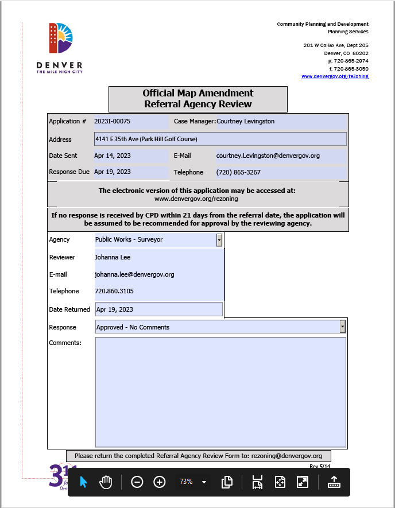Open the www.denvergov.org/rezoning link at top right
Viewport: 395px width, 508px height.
[x=335, y=76]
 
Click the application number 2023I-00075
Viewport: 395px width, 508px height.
[x=113, y=122]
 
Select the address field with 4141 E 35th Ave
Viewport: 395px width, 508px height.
[x=220, y=139]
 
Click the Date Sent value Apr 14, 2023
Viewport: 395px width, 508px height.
[x=113, y=156]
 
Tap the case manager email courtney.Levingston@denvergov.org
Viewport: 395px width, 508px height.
[x=268, y=156]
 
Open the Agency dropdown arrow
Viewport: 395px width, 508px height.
[x=219, y=240]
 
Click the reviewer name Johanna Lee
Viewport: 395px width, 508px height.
[x=113, y=257]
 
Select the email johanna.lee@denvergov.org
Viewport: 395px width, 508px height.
[x=134, y=274]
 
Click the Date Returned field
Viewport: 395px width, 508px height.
[x=158, y=309]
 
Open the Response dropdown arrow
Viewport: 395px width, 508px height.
[x=343, y=327]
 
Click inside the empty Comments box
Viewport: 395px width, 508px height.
[x=220, y=391]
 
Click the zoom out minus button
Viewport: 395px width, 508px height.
[x=137, y=482]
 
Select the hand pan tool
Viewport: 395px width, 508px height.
[x=106, y=482]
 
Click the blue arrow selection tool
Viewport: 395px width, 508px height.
[x=84, y=482]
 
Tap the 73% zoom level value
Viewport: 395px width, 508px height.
[x=186, y=482]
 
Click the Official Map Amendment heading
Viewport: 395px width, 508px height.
[x=197, y=93]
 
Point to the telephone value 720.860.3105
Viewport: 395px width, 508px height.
[x=114, y=291]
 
